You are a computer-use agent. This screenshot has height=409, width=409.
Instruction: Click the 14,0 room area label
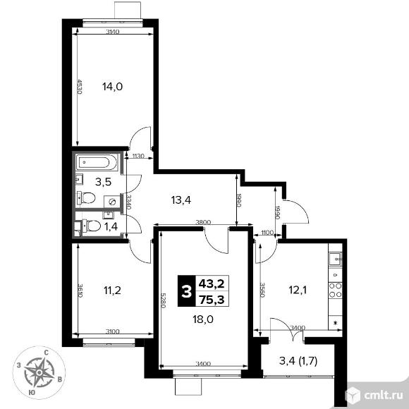click(x=112, y=87)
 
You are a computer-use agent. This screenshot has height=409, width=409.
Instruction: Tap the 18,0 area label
click(x=203, y=318)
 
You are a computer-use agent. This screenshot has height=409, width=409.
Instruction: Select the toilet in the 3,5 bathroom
click(x=87, y=198)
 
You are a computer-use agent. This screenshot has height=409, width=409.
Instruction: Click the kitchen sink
click(x=336, y=259)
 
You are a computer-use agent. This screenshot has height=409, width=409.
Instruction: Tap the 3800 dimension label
click(x=203, y=223)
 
